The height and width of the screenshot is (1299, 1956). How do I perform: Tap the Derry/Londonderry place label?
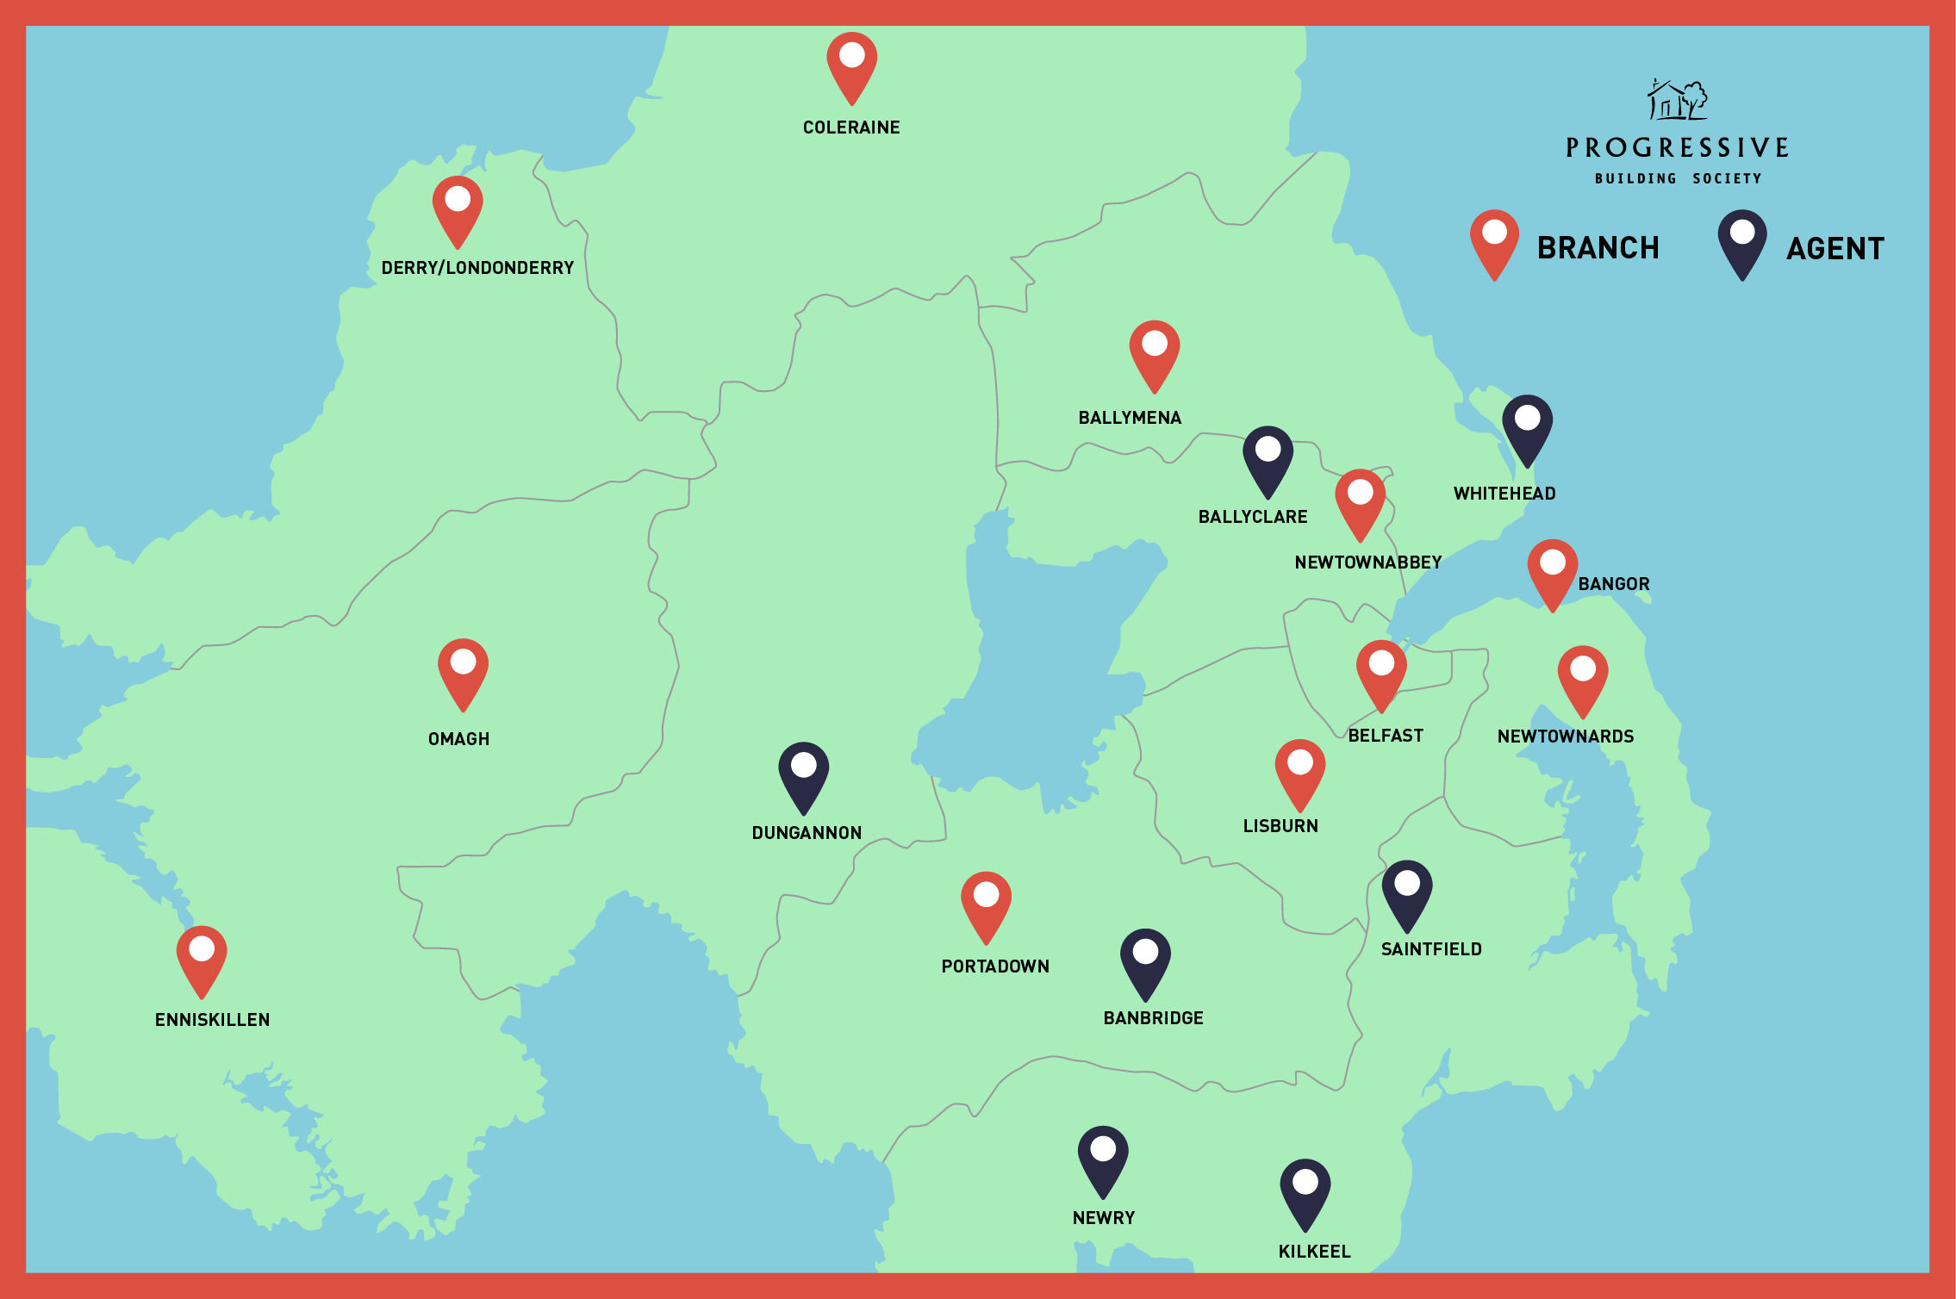click(477, 268)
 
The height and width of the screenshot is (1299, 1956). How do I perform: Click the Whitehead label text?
click(1504, 494)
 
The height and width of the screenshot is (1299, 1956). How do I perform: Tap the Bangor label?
click(1614, 584)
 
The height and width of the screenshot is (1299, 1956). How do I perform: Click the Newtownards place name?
click(1566, 737)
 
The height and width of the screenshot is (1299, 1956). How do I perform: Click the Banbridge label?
click(1153, 1018)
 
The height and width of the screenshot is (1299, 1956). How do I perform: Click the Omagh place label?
click(458, 739)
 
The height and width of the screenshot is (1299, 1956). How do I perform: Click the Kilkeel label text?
click(1314, 1252)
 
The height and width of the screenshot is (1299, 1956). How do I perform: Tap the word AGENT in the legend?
click(1835, 249)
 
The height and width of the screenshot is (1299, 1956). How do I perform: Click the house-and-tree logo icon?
click(1677, 100)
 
